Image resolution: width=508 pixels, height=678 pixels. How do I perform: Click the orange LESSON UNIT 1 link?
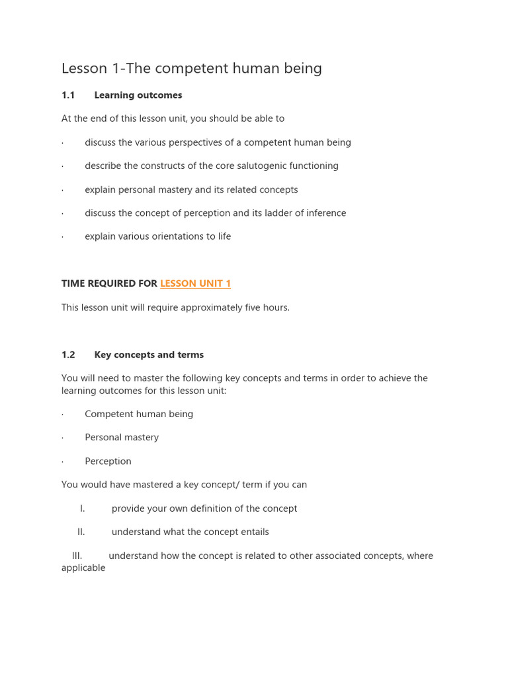click(195, 283)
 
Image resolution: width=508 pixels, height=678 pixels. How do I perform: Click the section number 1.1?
click(68, 95)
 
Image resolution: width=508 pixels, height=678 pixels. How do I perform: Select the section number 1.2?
click(68, 355)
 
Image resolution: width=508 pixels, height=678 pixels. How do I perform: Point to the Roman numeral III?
click(77, 556)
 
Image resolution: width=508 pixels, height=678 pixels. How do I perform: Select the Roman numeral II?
click(81, 532)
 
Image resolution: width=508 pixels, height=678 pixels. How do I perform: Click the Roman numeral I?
click(83, 508)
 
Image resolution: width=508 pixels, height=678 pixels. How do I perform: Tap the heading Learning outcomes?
click(138, 95)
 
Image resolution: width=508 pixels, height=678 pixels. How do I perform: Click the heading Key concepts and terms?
click(149, 355)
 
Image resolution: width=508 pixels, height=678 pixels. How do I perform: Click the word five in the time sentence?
click(250, 307)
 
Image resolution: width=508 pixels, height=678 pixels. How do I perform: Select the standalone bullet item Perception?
click(108, 461)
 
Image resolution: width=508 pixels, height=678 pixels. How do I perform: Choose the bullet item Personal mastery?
click(122, 437)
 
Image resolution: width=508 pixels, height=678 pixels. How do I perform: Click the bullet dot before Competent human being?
click(63, 414)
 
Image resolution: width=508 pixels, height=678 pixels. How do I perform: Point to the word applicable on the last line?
click(83, 567)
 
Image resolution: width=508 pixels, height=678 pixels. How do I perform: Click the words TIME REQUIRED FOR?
click(109, 283)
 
